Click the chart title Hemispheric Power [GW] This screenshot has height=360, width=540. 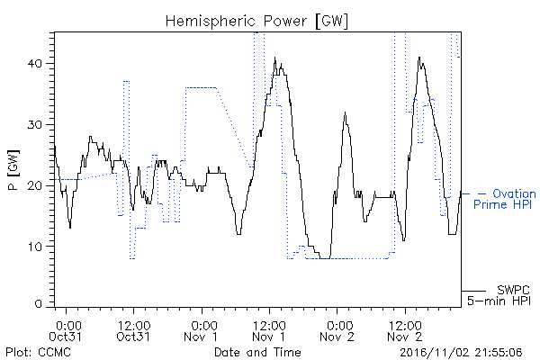pyautogui.click(x=256, y=21)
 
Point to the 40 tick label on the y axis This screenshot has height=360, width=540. pyautogui.click(x=34, y=64)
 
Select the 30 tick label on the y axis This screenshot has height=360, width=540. pyautogui.click(x=34, y=125)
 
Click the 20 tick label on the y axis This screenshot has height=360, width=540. pyautogui.click(x=34, y=185)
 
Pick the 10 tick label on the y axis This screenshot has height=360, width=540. pyautogui.click(x=34, y=247)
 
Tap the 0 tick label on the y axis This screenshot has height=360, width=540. pyautogui.click(x=38, y=304)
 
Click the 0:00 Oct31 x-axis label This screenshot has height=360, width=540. pyautogui.click(x=66, y=331)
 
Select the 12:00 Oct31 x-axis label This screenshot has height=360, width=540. pyautogui.click(x=133, y=331)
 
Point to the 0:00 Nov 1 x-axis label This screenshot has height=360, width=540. pyautogui.click(x=201, y=331)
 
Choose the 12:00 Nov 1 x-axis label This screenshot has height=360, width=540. pyautogui.click(x=269, y=331)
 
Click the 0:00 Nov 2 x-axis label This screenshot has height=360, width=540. pyautogui.click(x=337, y=331)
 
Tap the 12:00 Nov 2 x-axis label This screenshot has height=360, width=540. pyautogui.click(x=405, y=331)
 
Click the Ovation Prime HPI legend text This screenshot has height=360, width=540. pyautogui.click(x=505, y=199)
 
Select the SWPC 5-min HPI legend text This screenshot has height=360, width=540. pyautogui.click(x=499, y=295)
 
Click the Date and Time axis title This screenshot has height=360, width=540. pyautogui.click(x=257, y=352)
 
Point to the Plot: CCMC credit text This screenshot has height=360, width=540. pyautogui.click(x=38, y=352)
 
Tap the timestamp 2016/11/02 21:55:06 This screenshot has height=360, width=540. pyautogui.click(x=461, y=352)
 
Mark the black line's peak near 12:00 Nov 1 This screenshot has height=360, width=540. pyautogui.click(x=274, y=58)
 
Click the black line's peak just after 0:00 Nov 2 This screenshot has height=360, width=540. pyautogui.click(x=345, y=112)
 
